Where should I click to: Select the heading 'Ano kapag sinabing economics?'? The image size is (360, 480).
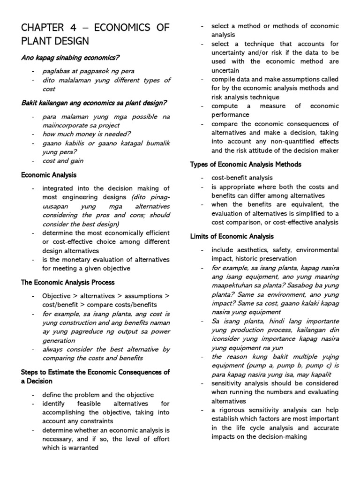pyautogui.click(x=70, y=57)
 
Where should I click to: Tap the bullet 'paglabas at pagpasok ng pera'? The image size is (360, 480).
pyautogui.click(x=88, y=71)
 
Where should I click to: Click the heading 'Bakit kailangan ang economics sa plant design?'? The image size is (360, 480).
pyautogui.click(x=94, y=103)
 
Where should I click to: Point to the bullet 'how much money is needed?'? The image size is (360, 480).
pyautogui.click(x=80, y=134)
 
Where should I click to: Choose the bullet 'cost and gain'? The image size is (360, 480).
pyautogui.click(x=64, y=161)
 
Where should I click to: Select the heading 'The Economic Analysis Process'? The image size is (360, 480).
pyautogui.click(x=68, y=283)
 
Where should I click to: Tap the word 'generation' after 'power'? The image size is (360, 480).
pyautogui.click(x=59, y=341)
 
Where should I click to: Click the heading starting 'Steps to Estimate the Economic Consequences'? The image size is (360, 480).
pyautogui.click(x=95, y=372)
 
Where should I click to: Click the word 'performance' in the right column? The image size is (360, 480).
pyautogui.click(x=230, y=115)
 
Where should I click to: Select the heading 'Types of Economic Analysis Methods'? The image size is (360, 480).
pyautogui.click(x=246, y=165)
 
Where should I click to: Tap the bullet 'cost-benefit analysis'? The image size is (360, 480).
pyautogui.click(x=242, y=178)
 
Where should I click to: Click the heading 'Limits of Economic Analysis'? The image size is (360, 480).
pyautogui.click(x=232, y=236)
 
